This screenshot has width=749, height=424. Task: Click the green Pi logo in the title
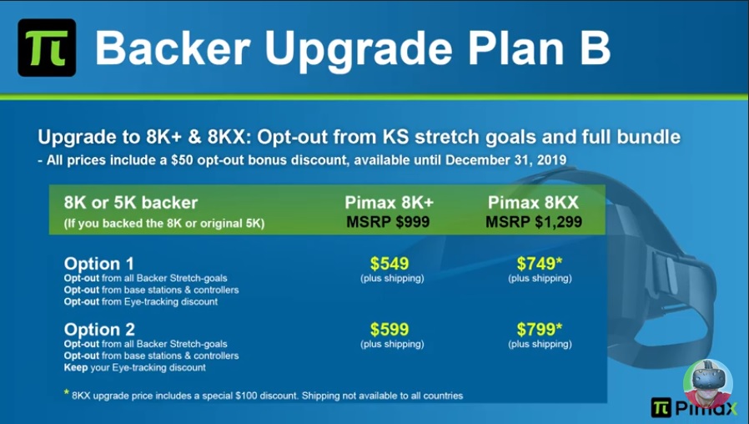47,48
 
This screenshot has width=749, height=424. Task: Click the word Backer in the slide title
173,48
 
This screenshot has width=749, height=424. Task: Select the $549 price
390,264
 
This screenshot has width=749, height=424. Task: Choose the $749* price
540,264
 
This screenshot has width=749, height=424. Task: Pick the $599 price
390,330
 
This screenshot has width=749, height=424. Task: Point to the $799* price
540,330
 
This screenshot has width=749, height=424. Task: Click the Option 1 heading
99,264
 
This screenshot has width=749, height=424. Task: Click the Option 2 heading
99,330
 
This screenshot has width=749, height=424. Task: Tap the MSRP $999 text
388,222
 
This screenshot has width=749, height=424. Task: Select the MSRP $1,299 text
534,222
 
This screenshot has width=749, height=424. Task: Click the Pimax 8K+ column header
390,203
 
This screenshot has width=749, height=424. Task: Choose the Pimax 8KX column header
533,203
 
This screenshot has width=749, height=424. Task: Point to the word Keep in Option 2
76,367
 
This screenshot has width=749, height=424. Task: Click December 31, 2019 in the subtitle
505,159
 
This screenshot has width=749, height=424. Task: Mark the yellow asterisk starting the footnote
67,392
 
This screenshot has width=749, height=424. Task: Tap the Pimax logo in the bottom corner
695,407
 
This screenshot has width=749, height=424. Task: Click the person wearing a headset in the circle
708,381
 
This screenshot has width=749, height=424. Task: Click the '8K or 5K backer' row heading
130,203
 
